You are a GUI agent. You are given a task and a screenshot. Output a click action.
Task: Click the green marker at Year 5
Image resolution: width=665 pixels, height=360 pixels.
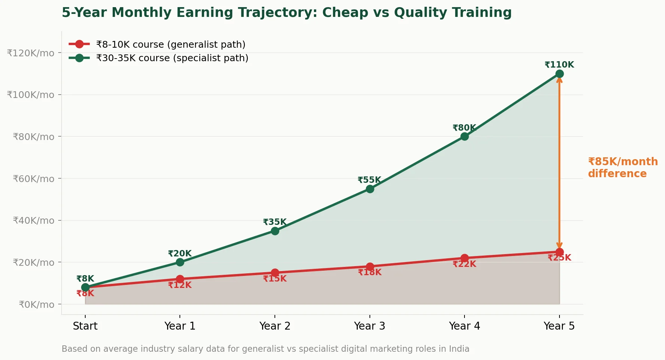559,74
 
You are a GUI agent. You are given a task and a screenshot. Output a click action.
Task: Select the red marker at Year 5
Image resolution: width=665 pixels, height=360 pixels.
559,252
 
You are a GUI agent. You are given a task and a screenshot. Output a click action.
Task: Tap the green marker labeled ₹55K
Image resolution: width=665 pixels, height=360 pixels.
370,189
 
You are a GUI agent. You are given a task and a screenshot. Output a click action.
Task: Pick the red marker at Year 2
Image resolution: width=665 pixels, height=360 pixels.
275,273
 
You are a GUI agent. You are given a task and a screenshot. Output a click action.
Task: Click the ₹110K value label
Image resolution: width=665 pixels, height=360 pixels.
559,65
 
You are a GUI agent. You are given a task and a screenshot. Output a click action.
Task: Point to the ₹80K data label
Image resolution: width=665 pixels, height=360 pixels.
464,128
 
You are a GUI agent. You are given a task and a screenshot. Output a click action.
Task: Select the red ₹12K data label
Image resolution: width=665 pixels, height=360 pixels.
180,285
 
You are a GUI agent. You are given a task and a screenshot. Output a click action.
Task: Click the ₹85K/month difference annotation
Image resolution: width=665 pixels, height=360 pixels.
622,167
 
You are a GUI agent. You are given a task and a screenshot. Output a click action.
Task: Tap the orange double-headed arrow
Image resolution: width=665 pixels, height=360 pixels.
559,161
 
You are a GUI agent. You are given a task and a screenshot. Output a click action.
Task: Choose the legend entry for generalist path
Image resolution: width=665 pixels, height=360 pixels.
170,44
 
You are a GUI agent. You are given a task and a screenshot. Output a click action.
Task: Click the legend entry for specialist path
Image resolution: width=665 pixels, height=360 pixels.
172,58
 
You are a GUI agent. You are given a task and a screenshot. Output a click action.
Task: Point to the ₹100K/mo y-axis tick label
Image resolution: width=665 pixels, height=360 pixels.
30,95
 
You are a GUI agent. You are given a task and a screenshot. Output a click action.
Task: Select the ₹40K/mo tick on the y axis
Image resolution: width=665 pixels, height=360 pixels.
33,220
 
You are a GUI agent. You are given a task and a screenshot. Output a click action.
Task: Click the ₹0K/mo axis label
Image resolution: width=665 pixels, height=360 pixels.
36,304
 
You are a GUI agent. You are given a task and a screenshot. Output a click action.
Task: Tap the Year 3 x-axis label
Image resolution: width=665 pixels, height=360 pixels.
369,326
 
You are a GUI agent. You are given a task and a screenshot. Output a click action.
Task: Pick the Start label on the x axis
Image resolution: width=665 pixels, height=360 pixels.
85,326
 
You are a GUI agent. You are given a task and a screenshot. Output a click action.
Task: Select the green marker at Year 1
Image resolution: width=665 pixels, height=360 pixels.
180,262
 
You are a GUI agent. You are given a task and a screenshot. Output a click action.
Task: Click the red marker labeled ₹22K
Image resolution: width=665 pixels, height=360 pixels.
464,258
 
